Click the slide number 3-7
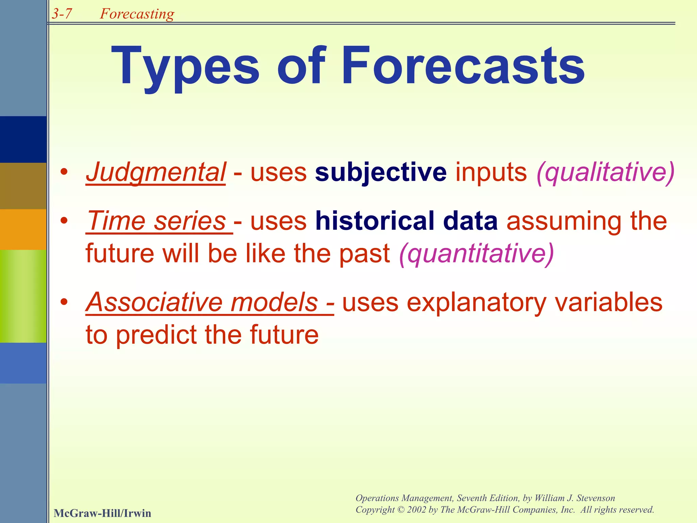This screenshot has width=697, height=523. click(62, 14)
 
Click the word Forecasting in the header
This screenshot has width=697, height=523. click(137, 14)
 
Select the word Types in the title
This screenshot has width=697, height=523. click(185, 66)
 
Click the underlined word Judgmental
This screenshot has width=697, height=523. click(156, 172)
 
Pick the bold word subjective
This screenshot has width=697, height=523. click(380, 172)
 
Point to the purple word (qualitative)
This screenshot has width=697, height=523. click(605, 172)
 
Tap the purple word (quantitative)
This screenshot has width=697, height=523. click(476, 253)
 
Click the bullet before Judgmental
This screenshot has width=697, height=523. click(64, 172)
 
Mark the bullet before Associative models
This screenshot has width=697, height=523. click(64, 302)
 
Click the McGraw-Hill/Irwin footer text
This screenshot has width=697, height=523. click(102, 513)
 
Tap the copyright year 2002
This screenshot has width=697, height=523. click(417, 510)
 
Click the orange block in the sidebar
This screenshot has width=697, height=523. click(23, 229)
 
